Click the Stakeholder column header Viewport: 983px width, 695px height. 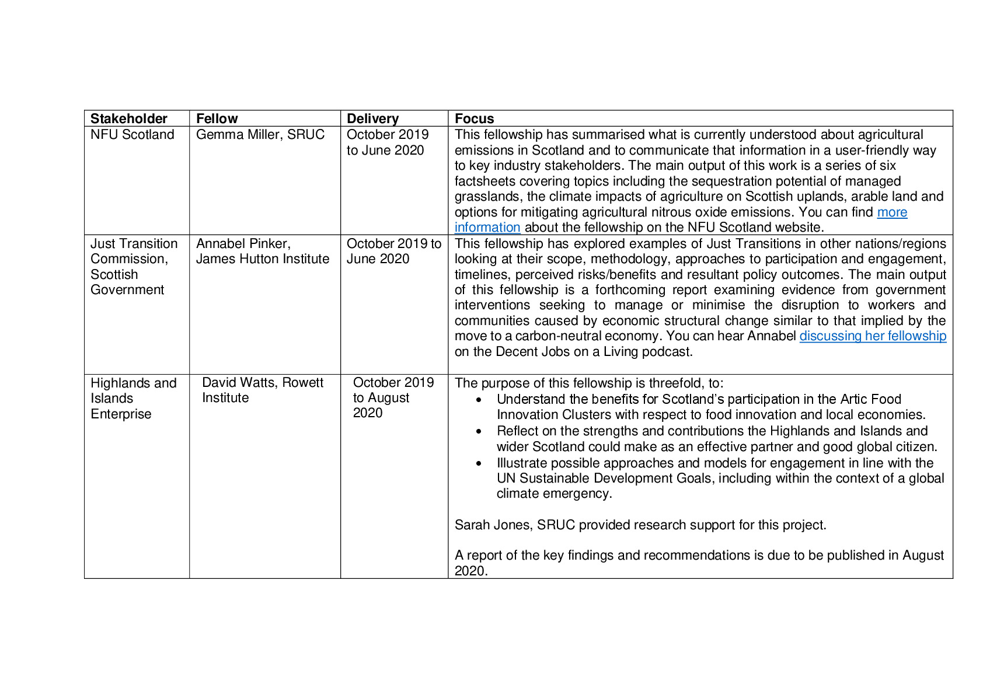128,118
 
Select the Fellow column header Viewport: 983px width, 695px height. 217,118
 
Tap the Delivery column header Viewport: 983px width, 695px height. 372,118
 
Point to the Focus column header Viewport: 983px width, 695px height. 474,118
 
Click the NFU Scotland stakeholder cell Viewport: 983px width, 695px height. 132,135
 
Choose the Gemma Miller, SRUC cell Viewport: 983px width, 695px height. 260,135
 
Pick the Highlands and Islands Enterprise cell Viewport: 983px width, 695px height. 133,398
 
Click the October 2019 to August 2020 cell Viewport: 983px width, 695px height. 393,397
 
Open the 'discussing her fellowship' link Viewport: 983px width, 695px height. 872,336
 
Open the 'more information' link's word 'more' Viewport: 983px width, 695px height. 892,212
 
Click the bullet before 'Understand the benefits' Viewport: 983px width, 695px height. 479,400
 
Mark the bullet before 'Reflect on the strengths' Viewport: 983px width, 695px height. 479,432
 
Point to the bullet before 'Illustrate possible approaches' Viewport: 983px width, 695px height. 479,464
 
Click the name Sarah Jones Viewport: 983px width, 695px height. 491,525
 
